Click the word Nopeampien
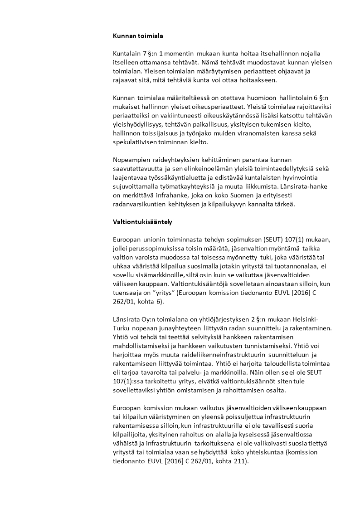(x=130, y=160)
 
